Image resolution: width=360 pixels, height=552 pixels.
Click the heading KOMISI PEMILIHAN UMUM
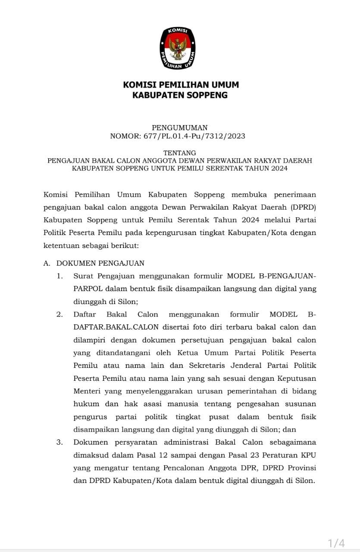(181, 85)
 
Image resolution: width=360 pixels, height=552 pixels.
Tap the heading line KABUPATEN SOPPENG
(180, 95)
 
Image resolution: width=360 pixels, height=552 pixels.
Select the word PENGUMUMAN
(180, 128)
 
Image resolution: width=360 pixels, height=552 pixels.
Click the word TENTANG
(180, 153)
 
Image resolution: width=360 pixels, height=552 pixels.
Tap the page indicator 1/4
(336, 543)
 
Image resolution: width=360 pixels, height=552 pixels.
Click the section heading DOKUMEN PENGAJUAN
(100, 263)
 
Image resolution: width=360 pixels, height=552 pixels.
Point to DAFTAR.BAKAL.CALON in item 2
(110, 327)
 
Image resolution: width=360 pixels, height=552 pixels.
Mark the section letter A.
(47, 263)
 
